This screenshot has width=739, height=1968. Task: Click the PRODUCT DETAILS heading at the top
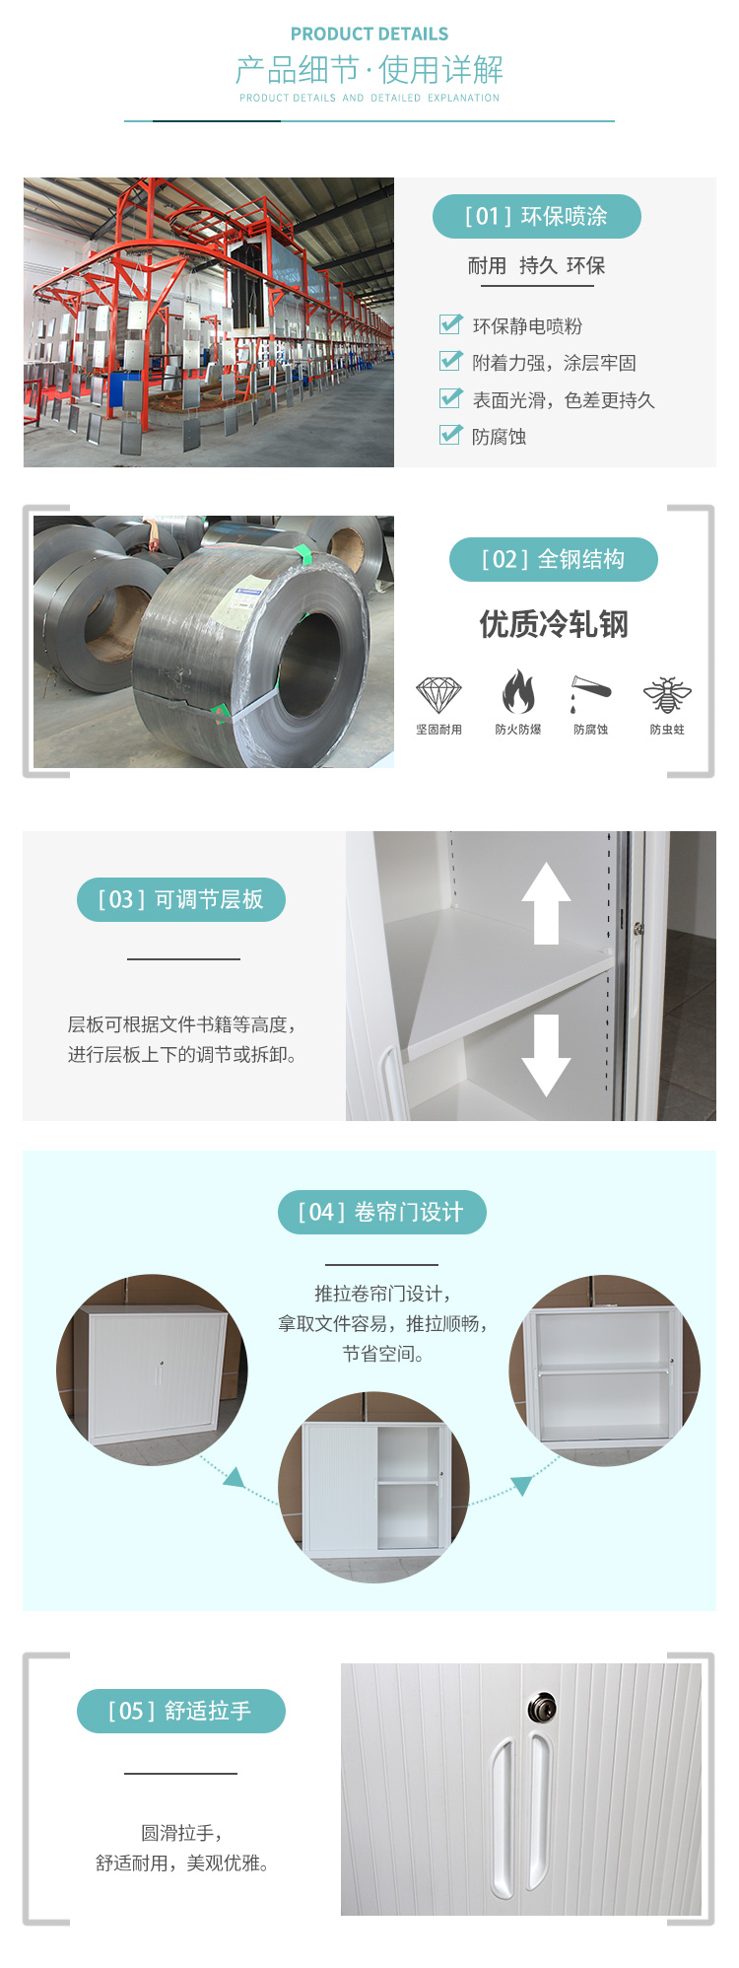pos(369,34)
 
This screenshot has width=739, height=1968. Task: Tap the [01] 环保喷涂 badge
pos(537,216)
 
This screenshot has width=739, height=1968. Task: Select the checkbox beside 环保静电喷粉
pos(450,324)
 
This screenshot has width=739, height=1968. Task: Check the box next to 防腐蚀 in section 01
pos(450,435)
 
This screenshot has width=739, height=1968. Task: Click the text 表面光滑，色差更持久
pos(564,400)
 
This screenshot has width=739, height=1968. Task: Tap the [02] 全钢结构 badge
pos(554,559)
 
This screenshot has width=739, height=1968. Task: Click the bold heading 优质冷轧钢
pos(554,624)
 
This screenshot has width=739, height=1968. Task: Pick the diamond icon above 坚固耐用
pos(438,695)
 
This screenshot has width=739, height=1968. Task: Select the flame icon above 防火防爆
pos(518,691)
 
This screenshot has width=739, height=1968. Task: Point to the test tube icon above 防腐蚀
pos(590,693)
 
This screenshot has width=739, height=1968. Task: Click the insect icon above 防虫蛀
pos(667,695)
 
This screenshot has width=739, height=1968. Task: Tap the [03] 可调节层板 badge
pos(181,899)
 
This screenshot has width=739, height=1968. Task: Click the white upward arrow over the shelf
pos(546,903)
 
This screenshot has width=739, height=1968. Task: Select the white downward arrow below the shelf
pos(546,1056)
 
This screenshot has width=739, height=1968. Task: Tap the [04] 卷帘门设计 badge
pos(382,1212)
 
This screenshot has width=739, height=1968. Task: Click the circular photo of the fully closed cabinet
pos(152,1370)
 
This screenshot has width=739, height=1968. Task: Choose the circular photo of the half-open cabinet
pos(373,1488)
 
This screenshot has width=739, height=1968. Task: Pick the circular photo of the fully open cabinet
pos(604,1370)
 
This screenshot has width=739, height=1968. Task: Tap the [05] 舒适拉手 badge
pos(181,1711)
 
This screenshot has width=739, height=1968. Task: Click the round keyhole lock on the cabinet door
pos(542,1708)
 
